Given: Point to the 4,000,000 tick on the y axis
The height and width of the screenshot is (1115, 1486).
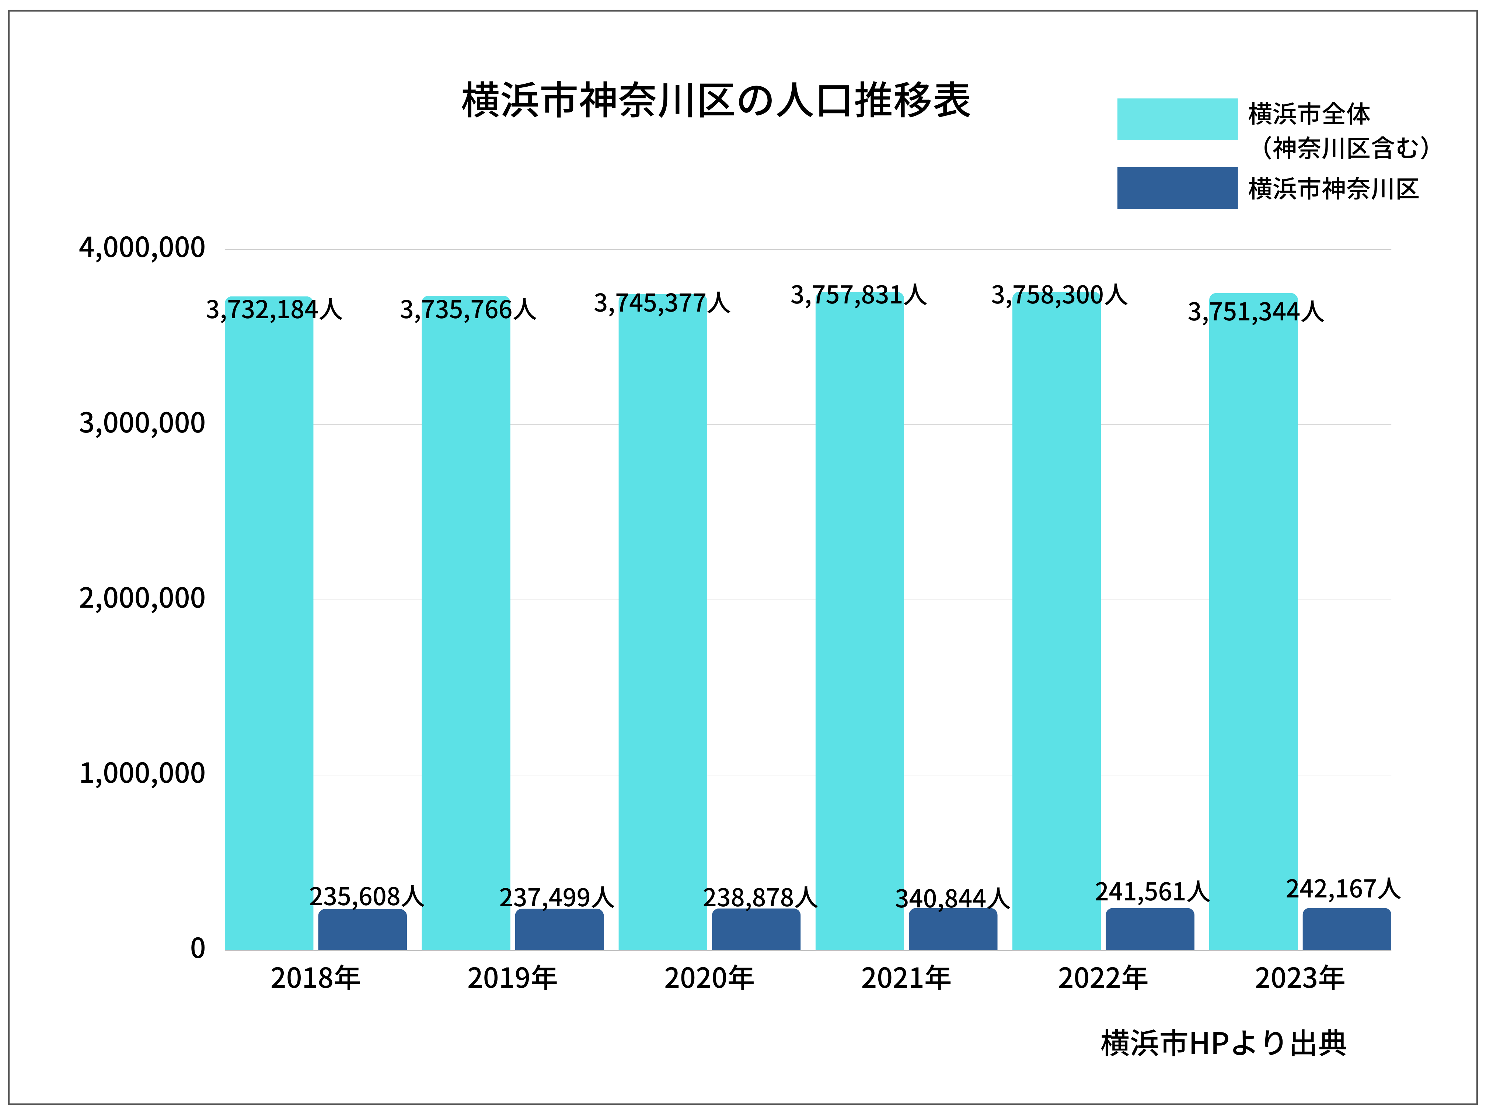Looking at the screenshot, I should click(142, 248).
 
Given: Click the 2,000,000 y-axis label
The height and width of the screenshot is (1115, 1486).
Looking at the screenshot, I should click(142, 598).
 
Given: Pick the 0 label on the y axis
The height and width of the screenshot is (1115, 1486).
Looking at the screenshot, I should click(198, 948).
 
